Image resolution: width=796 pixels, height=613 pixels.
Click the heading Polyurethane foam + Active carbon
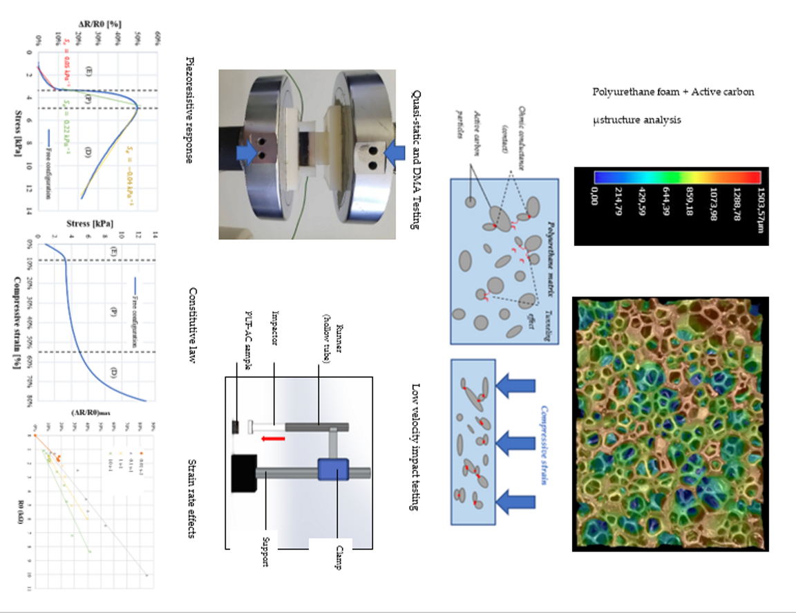(673, 92)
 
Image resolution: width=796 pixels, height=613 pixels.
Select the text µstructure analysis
(636, 120)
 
